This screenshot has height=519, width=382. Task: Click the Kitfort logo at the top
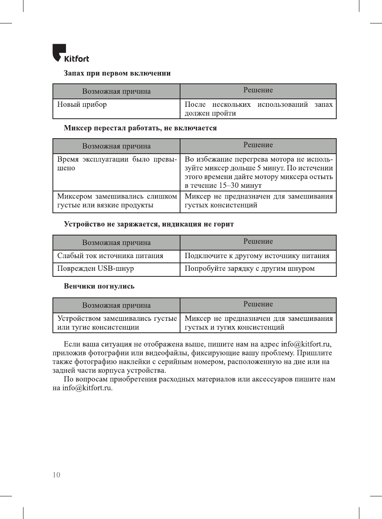[71, 54]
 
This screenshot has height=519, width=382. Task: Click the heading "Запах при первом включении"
[117, 73]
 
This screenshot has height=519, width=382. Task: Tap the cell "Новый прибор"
[82, 104]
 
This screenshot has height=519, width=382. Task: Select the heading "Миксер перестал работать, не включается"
[140, 128]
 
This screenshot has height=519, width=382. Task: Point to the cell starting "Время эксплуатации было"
[117, 164]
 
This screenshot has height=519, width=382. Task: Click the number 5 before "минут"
[259, 168]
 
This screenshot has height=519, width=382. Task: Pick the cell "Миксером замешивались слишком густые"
[117, 201]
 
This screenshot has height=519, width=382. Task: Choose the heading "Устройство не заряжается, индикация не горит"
[149, 224]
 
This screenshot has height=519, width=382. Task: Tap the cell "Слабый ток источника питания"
[110, 256]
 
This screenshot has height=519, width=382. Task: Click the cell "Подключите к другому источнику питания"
[257, 256]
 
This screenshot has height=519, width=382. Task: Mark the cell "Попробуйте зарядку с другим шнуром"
[250, 268]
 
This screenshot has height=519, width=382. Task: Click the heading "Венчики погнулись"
[99, 286]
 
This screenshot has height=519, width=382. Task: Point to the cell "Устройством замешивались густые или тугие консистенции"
[117, 323]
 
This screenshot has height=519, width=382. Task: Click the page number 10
[56, 475]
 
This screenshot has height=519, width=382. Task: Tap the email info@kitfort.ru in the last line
[87, 388]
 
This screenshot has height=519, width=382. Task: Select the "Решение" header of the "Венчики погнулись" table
[258, 304]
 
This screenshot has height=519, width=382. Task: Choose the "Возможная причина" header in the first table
[116, 91]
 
